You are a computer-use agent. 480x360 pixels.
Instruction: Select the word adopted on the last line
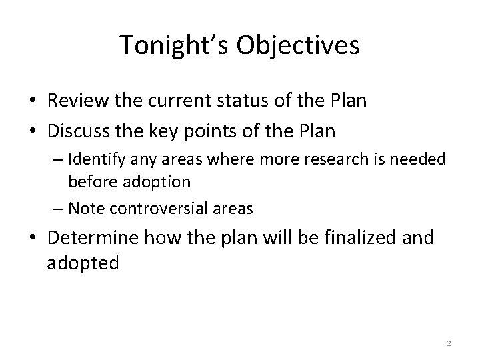(83, 263)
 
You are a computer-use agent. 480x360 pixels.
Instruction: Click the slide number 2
(449, 343)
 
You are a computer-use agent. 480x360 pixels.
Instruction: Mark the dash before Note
(58, 209)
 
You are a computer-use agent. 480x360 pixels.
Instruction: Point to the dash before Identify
(58, 161)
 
